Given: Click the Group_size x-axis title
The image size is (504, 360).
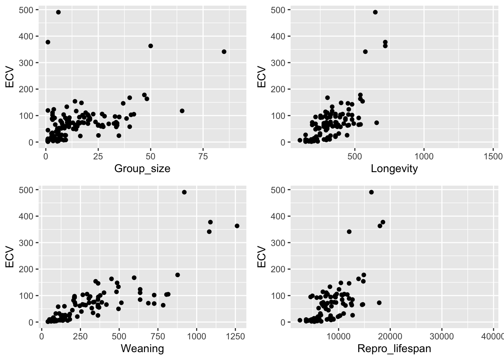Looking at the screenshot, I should [142, 169].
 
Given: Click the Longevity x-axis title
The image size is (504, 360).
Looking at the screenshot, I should [394, 169].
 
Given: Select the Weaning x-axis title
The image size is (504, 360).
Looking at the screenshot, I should [142, 349].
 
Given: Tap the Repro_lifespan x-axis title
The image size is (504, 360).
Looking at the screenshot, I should [394, 349].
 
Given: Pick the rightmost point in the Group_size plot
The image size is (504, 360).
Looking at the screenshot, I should [224, 52].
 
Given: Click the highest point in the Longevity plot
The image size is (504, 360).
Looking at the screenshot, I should [375, 12].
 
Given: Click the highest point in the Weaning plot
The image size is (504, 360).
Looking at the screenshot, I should [184, 192].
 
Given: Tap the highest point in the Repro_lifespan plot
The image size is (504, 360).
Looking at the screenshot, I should [371, 192].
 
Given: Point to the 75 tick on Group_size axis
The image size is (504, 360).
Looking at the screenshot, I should [203, 156].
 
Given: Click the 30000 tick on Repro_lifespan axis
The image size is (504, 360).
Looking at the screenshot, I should [441, 336].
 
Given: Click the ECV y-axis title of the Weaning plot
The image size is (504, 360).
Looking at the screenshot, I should [10, 257].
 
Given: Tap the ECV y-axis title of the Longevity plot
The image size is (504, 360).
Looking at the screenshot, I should [262, 77].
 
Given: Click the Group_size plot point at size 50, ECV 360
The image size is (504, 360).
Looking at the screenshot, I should [150, 46].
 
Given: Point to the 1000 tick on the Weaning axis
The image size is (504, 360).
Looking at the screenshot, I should [196, 336].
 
